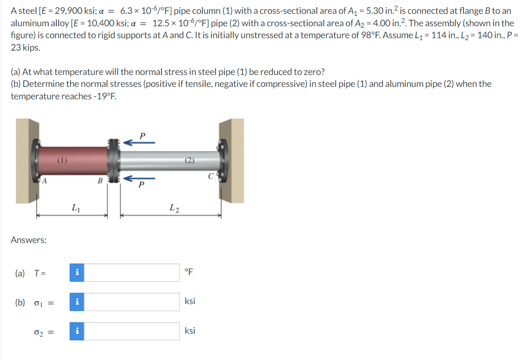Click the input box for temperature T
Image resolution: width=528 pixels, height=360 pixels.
pyautogui.click(x=132, y=272)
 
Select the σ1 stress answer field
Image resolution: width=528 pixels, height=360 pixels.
pyautogui.click(x=132, y=302)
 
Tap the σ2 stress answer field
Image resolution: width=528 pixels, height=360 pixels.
pyautogui.click(x=132, y=331)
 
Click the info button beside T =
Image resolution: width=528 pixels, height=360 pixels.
pyautogui.click(x=77, y=272)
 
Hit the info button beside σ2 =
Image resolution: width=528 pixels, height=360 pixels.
pyautogui.click(x=77, y=331)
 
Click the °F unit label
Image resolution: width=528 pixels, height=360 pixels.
pyautogui.click(x=189, y=272)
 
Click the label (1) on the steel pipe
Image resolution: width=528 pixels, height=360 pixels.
pyautogui.click(x=63, y=160)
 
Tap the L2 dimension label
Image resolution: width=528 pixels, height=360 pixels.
pyautogui.click(x=174, y=207)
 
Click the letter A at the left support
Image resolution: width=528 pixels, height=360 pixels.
pyautogui.click(x=43, y=180)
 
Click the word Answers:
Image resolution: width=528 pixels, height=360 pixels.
pyautogui.click(x=29, y=240)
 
